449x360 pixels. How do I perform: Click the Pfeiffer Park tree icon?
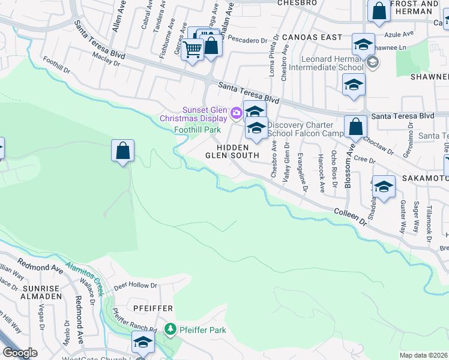(171, 329)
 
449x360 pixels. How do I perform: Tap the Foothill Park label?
(197, 130)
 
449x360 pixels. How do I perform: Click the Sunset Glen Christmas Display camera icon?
(236, 112)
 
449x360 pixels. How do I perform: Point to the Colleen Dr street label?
(350, 217)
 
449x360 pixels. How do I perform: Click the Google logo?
(20, 353)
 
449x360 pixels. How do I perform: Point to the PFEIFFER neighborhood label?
(152, 308)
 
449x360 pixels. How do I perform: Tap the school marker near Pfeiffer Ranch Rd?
(143, 343)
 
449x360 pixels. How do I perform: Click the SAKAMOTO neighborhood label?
(426, 178)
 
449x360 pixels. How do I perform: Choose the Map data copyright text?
(424, 355)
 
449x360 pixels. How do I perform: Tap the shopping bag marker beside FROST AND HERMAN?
(379, 11)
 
